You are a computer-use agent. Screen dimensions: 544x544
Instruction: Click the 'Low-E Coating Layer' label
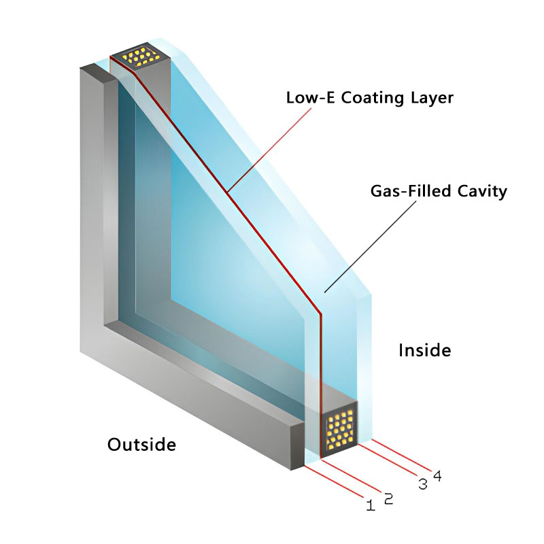(369, 98)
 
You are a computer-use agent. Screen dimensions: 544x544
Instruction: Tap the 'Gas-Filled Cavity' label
(439, 191)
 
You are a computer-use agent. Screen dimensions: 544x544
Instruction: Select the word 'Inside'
(424, 350)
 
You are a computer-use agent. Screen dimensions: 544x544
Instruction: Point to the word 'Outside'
(141, 445)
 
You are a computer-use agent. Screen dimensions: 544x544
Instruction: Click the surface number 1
(371, 505)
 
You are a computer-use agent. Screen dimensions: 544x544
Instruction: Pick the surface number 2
(388, 498)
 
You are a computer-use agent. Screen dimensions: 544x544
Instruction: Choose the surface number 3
(422, 484)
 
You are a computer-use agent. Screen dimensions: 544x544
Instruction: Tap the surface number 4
(437, 476)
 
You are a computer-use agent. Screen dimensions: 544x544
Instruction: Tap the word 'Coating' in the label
(369, 98)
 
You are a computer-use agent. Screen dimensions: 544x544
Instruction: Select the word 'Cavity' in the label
(483, 191)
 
